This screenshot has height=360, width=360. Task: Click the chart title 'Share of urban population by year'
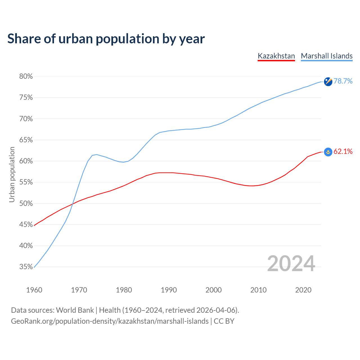click(x=106, y=39)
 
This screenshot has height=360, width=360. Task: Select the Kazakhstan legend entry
click(x=276, y=56)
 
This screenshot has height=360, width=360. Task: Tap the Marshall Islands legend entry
click(x=327, y=56)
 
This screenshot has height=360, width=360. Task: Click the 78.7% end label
click(x=343, y=81)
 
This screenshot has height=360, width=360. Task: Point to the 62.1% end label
click(x=343, y=151)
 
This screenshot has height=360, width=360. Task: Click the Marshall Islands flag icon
click(x=328, y=82)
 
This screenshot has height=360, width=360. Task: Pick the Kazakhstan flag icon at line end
click(x=328, y=152)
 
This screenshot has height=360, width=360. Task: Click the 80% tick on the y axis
click(x=26, y=76)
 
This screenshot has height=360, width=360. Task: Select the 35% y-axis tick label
click(x=26, y=267)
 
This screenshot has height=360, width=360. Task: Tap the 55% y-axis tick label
click(x=26, y=182)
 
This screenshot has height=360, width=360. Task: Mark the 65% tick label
click(x=26, y=140)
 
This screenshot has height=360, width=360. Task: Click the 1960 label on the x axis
click(x=34, y=290)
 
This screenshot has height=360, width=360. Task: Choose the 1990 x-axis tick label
click(x=169, y=290)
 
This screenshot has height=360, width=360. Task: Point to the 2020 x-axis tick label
click(x=303, y=290)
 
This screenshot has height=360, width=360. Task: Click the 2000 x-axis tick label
click(x=213, y=290)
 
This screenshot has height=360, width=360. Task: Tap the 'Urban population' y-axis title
click(x=12, y=174)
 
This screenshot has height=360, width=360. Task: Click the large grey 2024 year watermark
click(x=291, y=264)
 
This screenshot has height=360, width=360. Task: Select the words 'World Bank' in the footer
click(x=75, y=310)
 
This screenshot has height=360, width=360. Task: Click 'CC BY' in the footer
click(x=224, y=321)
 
